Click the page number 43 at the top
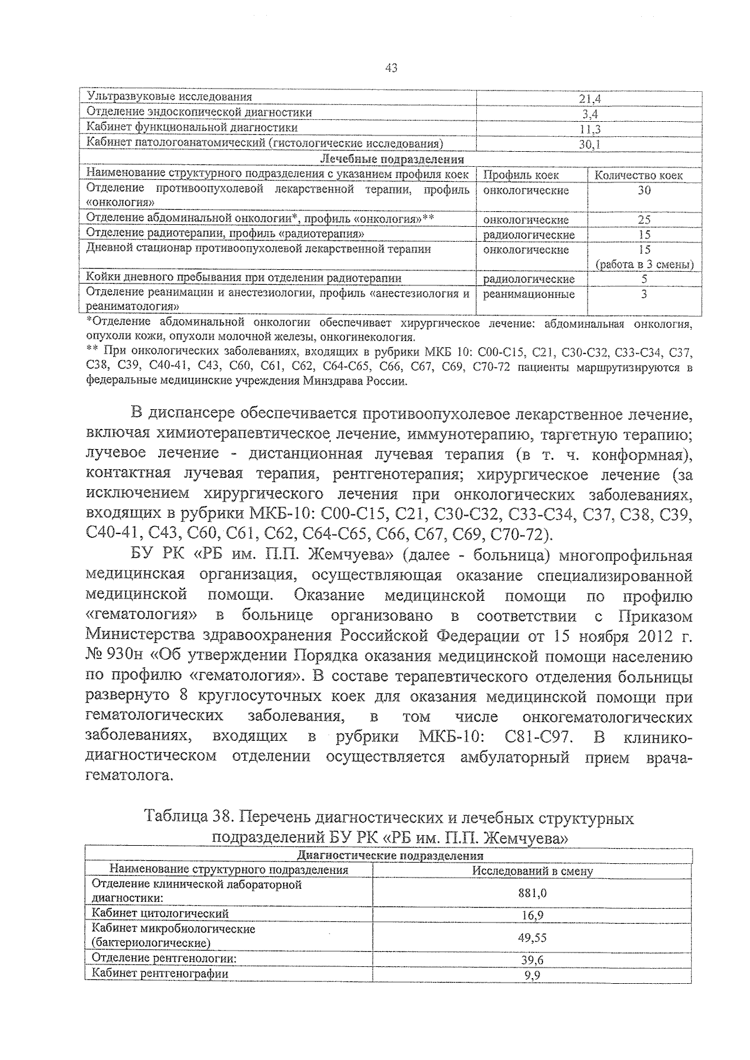pyautogui.click(x=392, y=69)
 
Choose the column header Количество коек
pyautogui.click(x=639, y=176)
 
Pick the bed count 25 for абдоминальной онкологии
pyautogui.click(x=644, y=220)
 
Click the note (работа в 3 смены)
pyautogui.click(x=644, y=265)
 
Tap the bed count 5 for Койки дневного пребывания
pyautogui.click(x=644, y=279)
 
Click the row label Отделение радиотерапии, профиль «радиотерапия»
pyautogui.click(x=225, y=234)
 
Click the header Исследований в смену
pyautogui.click(x=532, y=871)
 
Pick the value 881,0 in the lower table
pyautogui.click(x=532, y=893)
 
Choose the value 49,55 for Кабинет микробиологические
pyautogui.click(x=532, y=938)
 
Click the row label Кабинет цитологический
pyautogui.click(x=160, y=914)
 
